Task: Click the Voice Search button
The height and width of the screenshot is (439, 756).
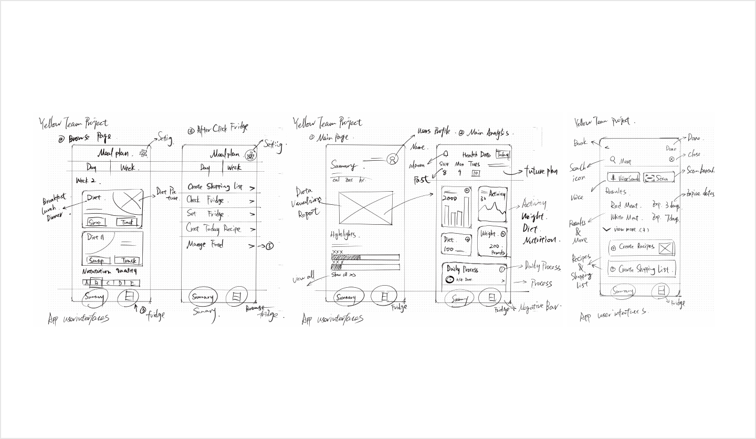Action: [x=624, y=178]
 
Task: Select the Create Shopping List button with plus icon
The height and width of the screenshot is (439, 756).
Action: [x=641, y=269]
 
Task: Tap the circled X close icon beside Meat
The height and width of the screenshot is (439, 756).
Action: [x=671, y=159]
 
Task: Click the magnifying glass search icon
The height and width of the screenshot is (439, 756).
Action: [x=612, y=160]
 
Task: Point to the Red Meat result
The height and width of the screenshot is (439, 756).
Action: [x=624, y=205]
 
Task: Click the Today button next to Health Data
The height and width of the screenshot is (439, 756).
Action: [x=503, y=155]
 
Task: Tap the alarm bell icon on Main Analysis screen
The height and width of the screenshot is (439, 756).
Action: [x=445, y=154]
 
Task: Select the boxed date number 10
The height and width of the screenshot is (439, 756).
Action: [x=476, y=173]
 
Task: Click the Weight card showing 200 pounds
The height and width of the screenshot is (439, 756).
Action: [x=492, y=241]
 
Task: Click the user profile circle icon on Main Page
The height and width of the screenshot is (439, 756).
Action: [x=391, y=160]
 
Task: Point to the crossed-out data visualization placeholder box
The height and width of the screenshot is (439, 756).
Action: [x=365, y=208]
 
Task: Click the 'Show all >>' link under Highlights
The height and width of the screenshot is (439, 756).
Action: [x=344, y=274]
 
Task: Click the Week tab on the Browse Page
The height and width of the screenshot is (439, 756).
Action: [x=128, y=168]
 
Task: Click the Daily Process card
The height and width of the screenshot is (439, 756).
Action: [x=475, y=274]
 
